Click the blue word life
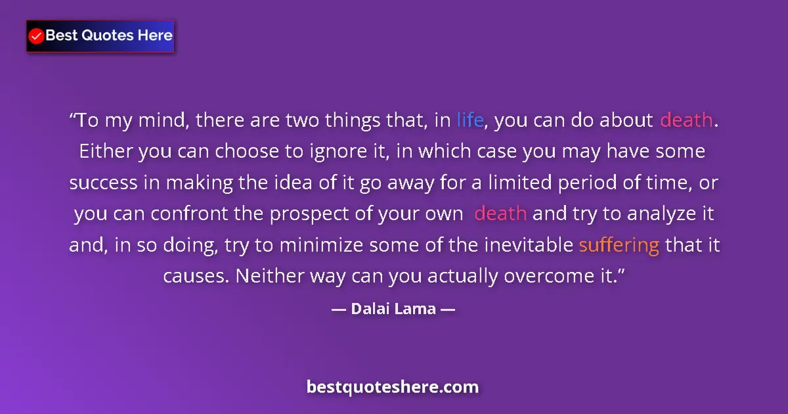pos(470,120)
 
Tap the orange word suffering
pos(619,245)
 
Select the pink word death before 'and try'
pos(500,214)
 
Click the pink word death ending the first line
pos(686,120)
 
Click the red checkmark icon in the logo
pos(37,36)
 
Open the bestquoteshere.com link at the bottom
pos(393,386)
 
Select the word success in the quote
pos(102,183)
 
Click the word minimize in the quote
pos(320,245)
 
